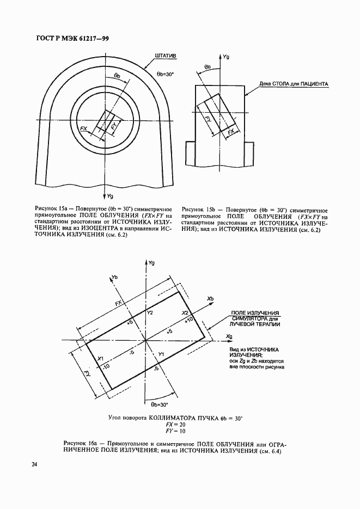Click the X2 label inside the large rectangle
(x=185, y=314)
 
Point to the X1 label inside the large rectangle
(x=100, y=359)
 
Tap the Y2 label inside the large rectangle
(x=150, y=313)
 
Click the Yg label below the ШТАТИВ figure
(x=109, y=195)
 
